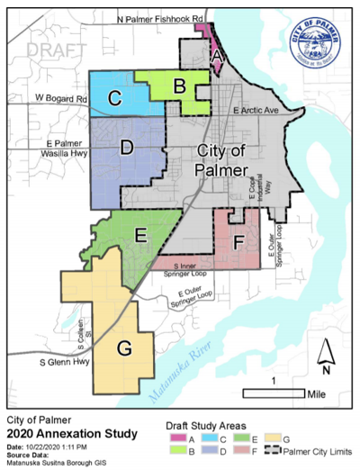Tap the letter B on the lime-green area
[x=179, y=86]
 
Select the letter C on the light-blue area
[x=115, y=99]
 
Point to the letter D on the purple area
[x=127, y=147]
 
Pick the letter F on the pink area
[x=238, y=242]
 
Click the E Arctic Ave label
[x=257, y=109]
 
